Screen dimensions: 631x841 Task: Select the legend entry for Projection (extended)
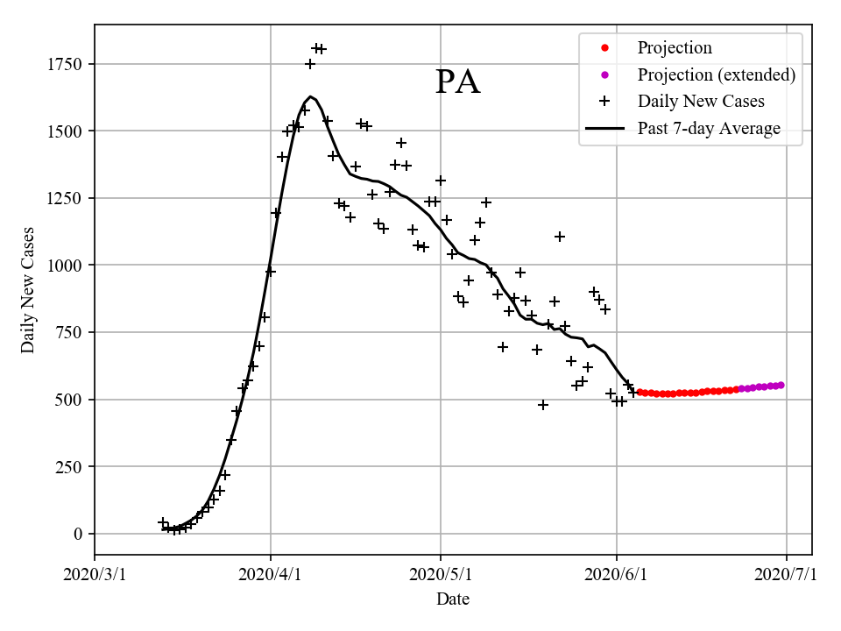pyautogui.click(x=716, y=74)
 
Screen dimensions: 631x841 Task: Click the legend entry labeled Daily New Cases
pyautogui.click(x=701, y=101)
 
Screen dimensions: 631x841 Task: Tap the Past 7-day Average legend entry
pyautogui.click(x=709, y=129)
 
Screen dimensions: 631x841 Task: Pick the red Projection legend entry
pyautogui.click(x=675, y=47)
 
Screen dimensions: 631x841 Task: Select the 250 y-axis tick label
pyautogui.click(x=70, y=466)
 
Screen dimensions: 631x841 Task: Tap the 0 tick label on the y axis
pyautogui.click(x=79, y=534)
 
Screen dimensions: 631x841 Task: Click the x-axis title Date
pyautogui.click(x=453, y=599)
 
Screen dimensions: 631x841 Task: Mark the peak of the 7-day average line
pyautogui.click(x=311, y=96)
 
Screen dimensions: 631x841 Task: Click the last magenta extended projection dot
pyautogui.click(x=781, y=385)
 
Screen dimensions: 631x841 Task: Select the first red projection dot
pyautogui.click(x=640, y=392)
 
